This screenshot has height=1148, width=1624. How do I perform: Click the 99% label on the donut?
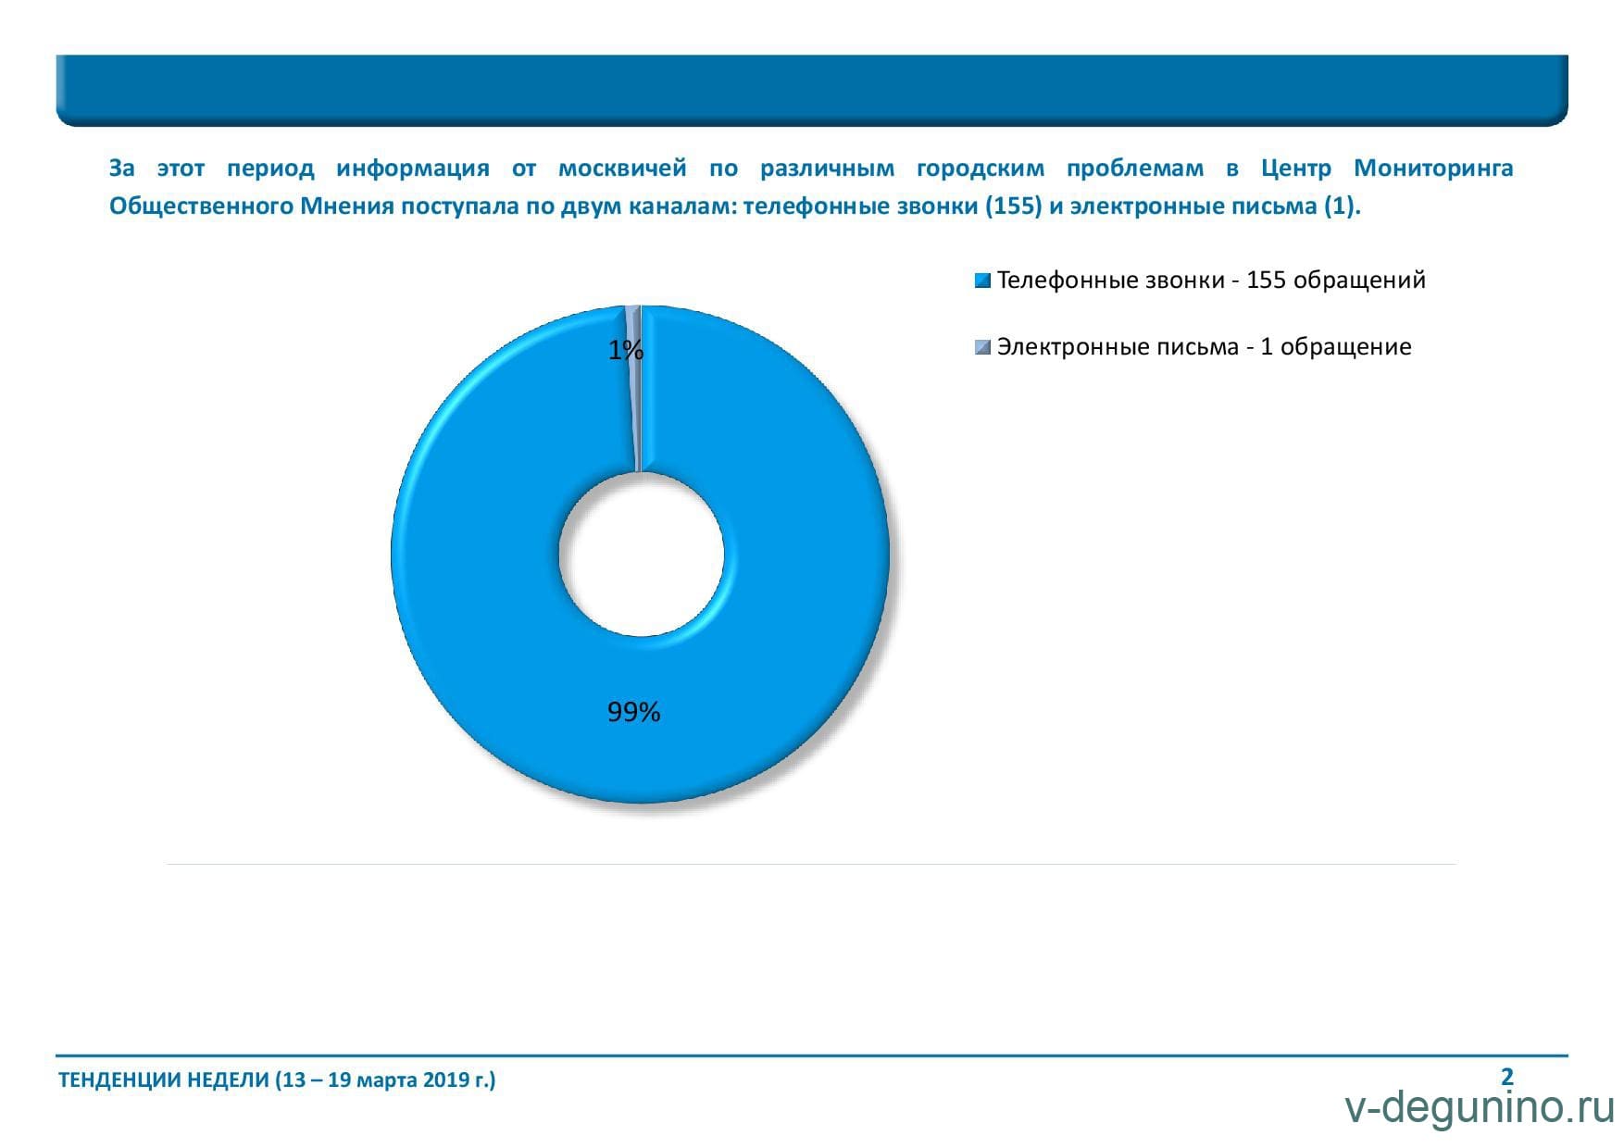click(x=633, y=712)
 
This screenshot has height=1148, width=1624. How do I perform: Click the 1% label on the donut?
click(x=625, y=350)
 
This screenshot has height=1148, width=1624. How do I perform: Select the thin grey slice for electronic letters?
click(x=634, y=389)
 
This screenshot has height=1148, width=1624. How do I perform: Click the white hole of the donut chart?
click(x=641, y=554)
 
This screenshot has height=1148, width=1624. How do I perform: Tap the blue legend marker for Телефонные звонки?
click(x=983, y=281)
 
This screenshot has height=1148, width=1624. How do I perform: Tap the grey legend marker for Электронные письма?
click(x=983, y=347)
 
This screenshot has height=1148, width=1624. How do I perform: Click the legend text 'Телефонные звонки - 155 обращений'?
click(x=1211, y=281)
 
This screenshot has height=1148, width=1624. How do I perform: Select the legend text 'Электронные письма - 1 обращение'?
click(x=1204, y=347)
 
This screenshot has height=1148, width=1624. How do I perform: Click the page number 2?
click(x=1507, y=1077)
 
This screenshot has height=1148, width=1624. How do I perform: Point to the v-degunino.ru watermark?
click(x=1480, y=1108)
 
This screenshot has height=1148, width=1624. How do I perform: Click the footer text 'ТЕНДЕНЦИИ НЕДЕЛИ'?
click(x=164, y=1079)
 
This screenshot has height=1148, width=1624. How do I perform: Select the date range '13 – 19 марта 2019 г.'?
click(x=386, y=1079)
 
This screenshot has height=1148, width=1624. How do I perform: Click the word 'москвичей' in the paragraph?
click(x=622, y=168)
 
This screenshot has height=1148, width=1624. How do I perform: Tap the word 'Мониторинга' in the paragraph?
click(x=1433, y=169)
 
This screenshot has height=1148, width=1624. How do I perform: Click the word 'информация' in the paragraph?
click(x=413, y=169)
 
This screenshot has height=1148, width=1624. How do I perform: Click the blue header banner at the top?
click(x=812, y=90)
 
